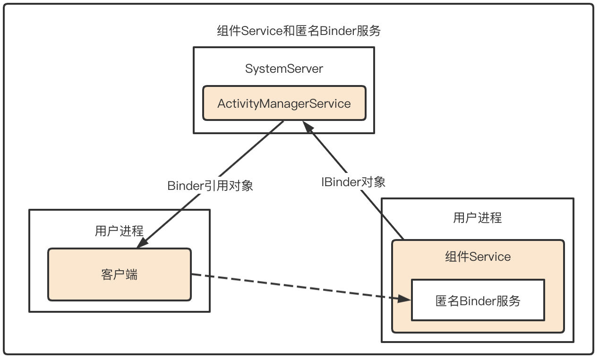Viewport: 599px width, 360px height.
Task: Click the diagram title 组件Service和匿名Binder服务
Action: click(299, 31)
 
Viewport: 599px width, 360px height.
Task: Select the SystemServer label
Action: click(284, 69)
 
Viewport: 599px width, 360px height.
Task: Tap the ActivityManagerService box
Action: click(284, 103)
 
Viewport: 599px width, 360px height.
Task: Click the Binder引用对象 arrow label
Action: click(210, 186)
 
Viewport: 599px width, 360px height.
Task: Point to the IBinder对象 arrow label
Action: click(353, 182)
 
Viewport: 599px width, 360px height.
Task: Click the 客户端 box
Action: click(119, 274)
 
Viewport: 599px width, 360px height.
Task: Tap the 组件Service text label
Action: click(478, 257)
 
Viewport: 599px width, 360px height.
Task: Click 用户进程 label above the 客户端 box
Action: click(119, 231)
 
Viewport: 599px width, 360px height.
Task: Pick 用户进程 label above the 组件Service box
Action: click(477, 218)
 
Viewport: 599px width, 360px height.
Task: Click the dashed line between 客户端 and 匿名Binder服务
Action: click(293, 286)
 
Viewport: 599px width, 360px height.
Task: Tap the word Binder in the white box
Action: click(478, 301)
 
